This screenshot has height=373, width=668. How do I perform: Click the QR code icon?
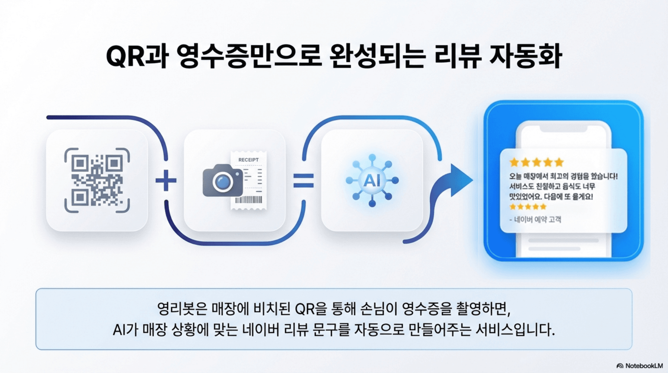97,180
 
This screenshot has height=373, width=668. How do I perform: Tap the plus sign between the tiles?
166,180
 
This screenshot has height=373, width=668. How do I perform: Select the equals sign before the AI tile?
303,181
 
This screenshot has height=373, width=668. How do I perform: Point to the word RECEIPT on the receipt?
248,160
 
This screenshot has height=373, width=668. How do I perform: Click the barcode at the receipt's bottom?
248,200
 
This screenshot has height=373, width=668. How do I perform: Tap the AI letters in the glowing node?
372,180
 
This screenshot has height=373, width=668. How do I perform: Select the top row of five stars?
537,162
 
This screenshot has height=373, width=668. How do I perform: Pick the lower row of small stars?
528,207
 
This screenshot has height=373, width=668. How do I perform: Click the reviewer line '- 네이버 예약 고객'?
535,219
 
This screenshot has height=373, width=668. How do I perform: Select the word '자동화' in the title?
525,56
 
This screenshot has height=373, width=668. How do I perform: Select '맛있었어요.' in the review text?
525,197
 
